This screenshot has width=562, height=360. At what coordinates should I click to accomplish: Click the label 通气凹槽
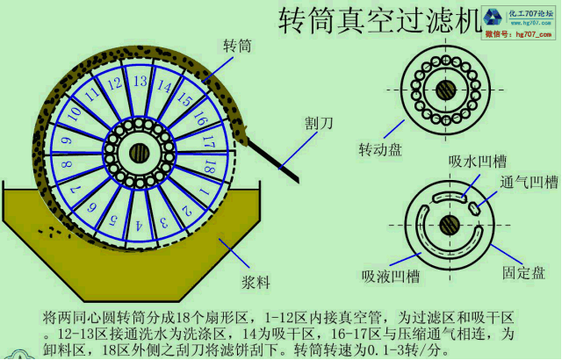530,183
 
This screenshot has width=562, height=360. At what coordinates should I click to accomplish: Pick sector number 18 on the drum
209,164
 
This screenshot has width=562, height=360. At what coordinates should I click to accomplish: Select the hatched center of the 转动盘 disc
448,89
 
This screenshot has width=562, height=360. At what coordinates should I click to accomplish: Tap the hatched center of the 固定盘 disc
449,223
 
